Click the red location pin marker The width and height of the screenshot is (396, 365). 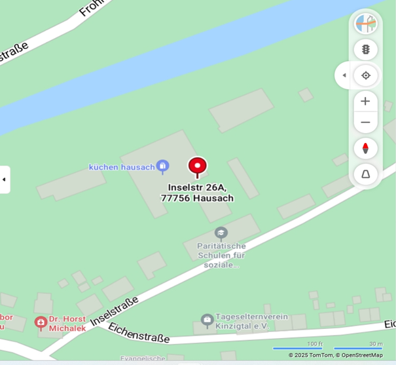click(197, 166)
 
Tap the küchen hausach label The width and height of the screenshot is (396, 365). click(122, 167)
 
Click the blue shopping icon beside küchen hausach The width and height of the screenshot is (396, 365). click(163, 166)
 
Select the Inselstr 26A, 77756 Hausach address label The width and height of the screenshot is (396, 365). click(197, 193)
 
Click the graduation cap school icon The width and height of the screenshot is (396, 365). click(221, 233)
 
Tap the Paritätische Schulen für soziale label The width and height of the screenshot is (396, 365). click(221, 255)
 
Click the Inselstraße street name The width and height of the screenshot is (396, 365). click(115, 311)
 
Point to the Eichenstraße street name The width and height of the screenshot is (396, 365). click(139, 332)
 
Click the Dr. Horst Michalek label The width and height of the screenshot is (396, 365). click(67, 323)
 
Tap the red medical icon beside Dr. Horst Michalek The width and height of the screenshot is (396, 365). click(41, 322)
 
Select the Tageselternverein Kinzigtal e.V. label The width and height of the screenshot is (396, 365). click(242, 320)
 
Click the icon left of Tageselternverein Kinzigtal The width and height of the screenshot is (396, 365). click(207, 320)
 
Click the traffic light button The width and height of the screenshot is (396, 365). click(365, 49)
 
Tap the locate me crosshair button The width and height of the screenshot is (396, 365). click(365, 75)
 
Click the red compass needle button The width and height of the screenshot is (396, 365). click(365, 148)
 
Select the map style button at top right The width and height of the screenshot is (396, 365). click(365, 24)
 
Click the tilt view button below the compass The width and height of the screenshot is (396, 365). click(365, 174)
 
